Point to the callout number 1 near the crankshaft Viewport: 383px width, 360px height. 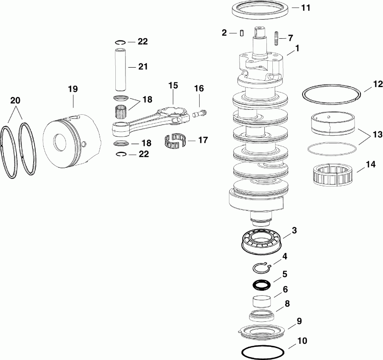297,49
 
